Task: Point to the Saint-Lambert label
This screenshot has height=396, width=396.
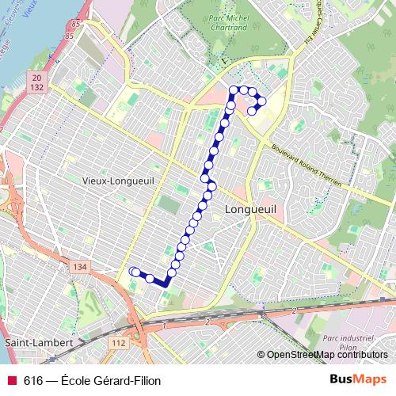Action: click(40, 343)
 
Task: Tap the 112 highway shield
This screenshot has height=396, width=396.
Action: click(118, 342)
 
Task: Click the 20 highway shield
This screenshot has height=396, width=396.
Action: click(37, 77)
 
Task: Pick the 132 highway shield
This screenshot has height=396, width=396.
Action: click(37, 87)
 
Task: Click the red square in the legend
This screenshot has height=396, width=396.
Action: click(11, 380)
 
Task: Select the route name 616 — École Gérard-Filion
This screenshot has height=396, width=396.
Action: click(92, 380)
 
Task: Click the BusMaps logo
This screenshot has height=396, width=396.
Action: click(358, 379)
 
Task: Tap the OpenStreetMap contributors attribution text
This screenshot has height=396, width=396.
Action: click(325, 355)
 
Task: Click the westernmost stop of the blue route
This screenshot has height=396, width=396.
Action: click(133, 272)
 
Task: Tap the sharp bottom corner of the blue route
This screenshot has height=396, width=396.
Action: click(166, 284)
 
